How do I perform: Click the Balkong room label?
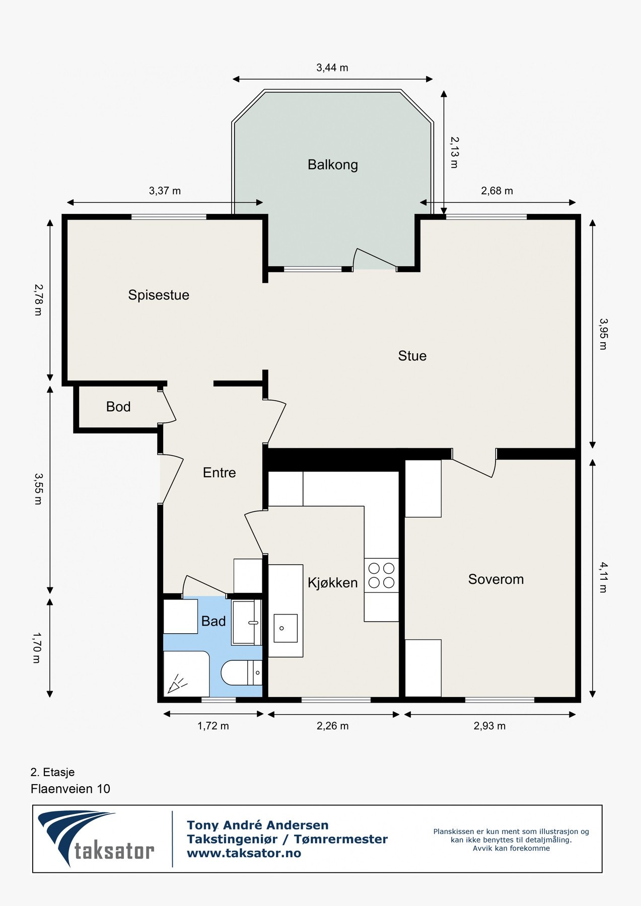coord(333,165)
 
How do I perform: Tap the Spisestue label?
coord(159,295)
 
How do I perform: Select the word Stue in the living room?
coord(412,356)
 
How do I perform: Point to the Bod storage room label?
coord(118,407)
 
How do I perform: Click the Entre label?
coord(220,473)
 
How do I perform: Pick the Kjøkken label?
coord(333,583)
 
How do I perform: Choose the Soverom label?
coord(496,579)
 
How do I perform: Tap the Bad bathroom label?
coord(213,621)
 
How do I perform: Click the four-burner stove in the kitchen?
coord(382,575)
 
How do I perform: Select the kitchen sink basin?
coord(286,628)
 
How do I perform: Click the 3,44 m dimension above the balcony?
coord(332,68)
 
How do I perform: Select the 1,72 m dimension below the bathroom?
coord(213,726)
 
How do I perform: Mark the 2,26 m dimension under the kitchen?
coord(333,726)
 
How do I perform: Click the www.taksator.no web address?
coord(244,853)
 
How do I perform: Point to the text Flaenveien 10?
coord(70,789)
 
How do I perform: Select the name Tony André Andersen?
coord(258,825)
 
